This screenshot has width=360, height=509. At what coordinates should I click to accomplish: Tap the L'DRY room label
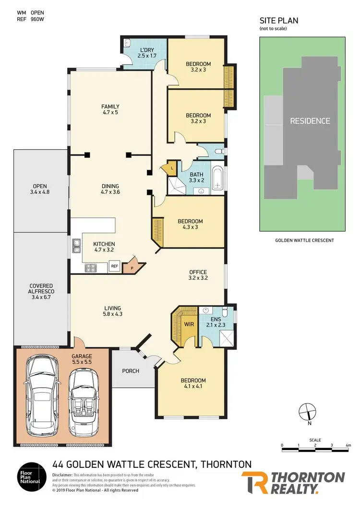coord(146,53)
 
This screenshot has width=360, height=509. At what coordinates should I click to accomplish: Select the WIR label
coord(189,324)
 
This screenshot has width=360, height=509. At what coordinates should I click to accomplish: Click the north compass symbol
coord(307,412)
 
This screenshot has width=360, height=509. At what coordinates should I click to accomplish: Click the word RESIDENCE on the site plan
coord(310,121)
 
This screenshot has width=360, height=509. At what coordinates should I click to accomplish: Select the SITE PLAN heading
coord(279,21)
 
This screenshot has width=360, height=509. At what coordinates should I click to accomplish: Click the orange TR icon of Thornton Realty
coord(255,482)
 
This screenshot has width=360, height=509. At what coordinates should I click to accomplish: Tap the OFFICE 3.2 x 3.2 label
coord(198,274)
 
